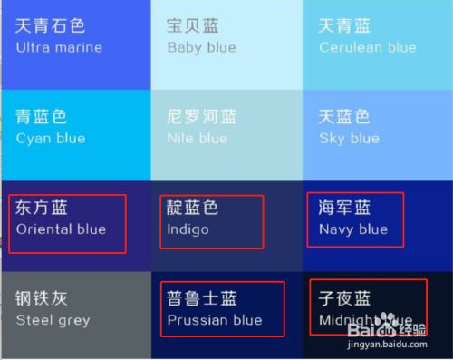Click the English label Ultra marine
[59, 47]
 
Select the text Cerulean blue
[367, 47]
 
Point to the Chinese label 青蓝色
[42, 117]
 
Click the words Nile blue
[197, 139]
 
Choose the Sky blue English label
[349, 139]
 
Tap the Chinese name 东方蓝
[42, 208]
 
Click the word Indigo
[188, 229]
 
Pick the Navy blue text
[352, 229]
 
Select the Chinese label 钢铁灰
[42, 298]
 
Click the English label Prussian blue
[215, 320]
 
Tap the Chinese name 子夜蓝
[345, 298]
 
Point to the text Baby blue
[201, 47]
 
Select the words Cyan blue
[51, 139]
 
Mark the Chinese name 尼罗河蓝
[202, 117]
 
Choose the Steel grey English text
[53, 320]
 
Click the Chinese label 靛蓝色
[193, 208]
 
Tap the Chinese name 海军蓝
[345, 208]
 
